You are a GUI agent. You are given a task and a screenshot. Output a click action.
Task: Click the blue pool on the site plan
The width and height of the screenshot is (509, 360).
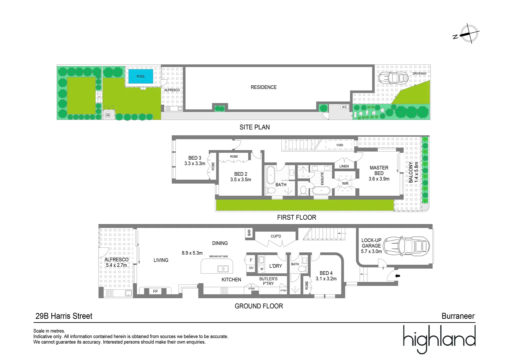141,76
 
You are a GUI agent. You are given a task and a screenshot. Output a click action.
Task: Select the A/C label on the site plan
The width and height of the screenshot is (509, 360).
344,107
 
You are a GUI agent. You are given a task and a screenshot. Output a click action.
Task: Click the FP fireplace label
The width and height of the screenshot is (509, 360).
155,291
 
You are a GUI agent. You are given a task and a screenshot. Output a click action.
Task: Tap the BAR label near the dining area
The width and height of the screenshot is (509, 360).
249,233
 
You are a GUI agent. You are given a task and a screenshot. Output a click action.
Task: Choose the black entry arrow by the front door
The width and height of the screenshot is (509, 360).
397,276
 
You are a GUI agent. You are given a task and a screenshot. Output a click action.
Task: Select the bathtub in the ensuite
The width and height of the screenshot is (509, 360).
321,191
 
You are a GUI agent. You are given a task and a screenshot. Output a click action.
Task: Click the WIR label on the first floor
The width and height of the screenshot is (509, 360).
345,184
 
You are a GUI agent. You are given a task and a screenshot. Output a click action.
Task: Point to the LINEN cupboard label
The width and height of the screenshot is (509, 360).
344,166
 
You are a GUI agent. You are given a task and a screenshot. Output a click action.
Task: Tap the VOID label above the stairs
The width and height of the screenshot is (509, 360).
340,145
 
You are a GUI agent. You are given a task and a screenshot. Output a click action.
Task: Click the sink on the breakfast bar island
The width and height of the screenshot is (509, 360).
223,269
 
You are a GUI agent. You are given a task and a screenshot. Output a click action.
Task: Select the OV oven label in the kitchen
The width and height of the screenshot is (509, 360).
251,268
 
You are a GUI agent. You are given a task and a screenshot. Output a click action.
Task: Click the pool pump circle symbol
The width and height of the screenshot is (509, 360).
108,115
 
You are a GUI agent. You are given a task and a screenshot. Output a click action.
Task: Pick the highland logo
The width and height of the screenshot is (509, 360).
439,338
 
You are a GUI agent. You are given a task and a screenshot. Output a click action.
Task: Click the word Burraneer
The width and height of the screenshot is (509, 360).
458,316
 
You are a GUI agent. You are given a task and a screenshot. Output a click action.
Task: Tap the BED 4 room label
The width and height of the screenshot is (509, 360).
326,273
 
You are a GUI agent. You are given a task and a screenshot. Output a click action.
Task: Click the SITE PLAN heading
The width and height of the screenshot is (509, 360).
254,127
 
